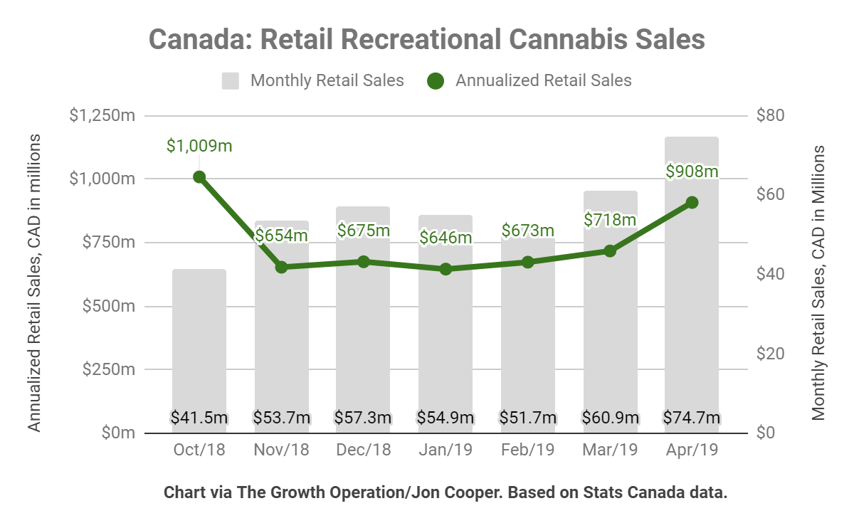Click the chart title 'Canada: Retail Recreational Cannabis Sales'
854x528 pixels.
(426, 38)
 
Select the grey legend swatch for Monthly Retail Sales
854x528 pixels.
(230, 80)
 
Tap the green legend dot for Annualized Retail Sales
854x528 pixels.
(436, 80)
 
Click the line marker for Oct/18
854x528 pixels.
(199, 177)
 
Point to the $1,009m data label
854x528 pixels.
(199, 146)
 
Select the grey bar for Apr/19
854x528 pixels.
(691, 285)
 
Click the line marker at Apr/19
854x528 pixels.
(692, 203)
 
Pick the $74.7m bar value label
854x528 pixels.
(692, 418)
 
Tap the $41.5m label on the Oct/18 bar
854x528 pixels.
(199, 418)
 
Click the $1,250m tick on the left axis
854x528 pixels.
(102, 115)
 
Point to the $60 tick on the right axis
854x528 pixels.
(770, 194)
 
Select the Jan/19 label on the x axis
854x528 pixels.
(446, 450)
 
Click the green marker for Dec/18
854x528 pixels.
(364, 262)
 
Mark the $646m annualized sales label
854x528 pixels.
(446, 237)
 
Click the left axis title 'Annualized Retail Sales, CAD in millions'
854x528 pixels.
(33, 283)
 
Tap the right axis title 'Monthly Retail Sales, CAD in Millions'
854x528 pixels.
(818, 283)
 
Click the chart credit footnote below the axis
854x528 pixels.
(446, 492)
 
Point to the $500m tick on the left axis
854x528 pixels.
(108, 307)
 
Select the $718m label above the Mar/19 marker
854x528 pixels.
(610, 219)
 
